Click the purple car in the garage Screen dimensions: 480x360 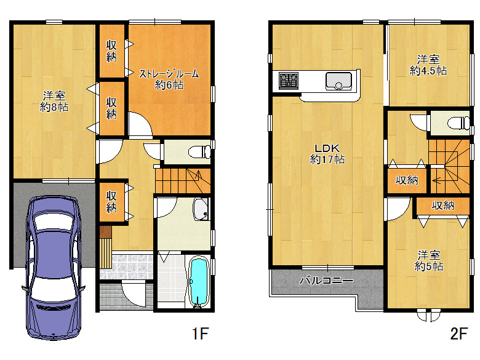pyautogui.click(x=54, y=267)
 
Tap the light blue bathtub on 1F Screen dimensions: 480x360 pyautogui.click(x=199, y=282)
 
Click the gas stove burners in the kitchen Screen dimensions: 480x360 pyautogui.click(x=289, y=81)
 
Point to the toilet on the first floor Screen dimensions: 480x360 pyautogui.click(x=199, y=152)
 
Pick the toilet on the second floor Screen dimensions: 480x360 pyautogui.click(x=458, y=124)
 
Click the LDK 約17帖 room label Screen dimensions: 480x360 pyautogui.click(x=327, y=154)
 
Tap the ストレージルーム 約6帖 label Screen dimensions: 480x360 pyautogui.click(x=169, y=79)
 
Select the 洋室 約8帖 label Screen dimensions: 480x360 pyautogui.click(x=54, y=102)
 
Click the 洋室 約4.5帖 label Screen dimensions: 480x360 pyautogui.click(x=428, y=65)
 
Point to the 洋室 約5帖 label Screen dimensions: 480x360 pyautogui.click(x=428, y=261)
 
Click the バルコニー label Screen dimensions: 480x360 pyautogui.click(x=326, y=281)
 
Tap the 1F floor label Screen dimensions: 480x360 pyautogui.click(x=201, y=334)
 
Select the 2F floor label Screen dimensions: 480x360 pyautogui.click(x=459, y=334)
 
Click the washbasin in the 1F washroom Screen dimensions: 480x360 pyautogui.click(x=201, y=209)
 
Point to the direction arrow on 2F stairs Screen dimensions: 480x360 pyautogui.click(x=436, y=181)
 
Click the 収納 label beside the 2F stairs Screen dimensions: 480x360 pyautogui.click(x=407, y=180)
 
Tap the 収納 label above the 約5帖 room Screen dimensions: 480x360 pyautogui.click(x=443, y=206)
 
